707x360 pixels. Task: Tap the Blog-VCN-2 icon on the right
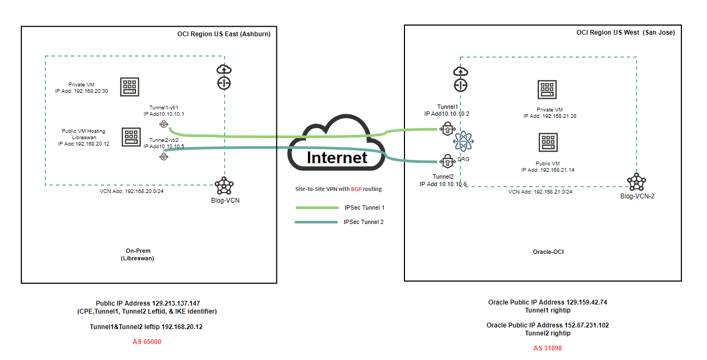click(636, 182)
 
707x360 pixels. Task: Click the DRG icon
click(463, 142)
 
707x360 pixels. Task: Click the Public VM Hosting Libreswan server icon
click(131, 137)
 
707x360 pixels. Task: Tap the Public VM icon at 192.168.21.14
click(547, 142)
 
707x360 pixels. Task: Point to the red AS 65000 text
click(147, 342)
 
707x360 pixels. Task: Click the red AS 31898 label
click(547, 348)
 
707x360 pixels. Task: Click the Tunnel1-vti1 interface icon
click(163, 124)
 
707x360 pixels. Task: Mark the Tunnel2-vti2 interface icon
click(163, 156)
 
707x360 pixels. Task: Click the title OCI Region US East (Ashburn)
click(224, 34)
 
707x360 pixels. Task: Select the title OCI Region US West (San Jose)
click(625, 33)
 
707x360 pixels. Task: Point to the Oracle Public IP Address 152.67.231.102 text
click(547, 325)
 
